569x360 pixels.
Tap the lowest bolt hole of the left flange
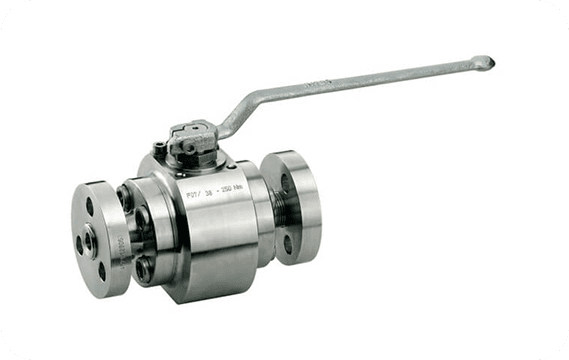click(x=101, y=272)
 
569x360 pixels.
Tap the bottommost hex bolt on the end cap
click(x=144, y=268)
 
